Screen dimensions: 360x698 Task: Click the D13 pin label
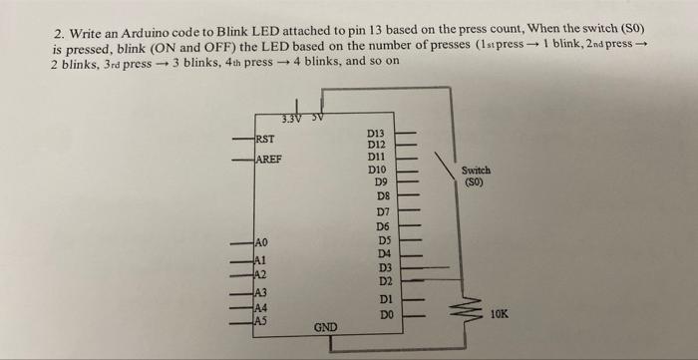(376, 133)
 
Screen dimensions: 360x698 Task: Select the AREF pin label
(268, 161)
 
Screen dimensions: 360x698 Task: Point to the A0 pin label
(262, 242)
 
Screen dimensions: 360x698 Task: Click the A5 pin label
(262, 320)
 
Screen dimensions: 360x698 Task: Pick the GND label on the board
(326, 326)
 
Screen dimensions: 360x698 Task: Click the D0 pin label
(375, 314)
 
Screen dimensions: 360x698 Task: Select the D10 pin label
(376, 171)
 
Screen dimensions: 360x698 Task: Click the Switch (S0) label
(476, 177)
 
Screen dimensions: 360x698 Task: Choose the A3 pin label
(261, 292)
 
